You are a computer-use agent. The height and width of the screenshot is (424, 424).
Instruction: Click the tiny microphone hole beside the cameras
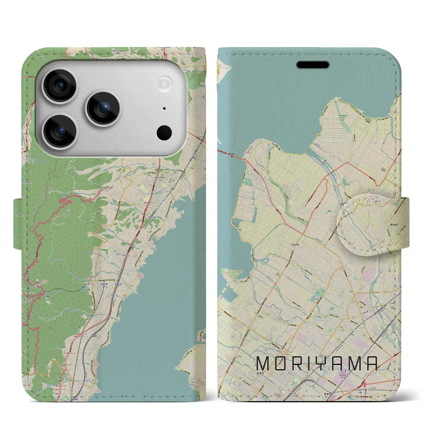click(x=164, y=108)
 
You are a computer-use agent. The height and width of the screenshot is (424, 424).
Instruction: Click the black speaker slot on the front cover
click(x=313, y=65)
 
